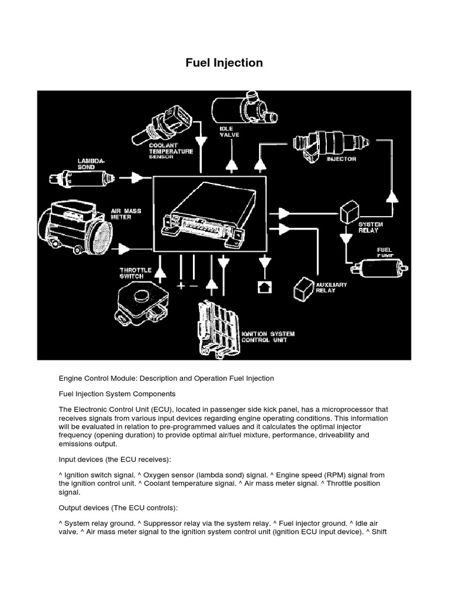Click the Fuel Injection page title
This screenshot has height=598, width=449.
(224, 62)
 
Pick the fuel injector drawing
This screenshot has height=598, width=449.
(330, 142)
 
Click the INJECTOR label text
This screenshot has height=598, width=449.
(341, 158)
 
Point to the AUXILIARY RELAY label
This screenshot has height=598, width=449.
(331, 287)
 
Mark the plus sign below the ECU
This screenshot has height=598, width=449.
(181, 286)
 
